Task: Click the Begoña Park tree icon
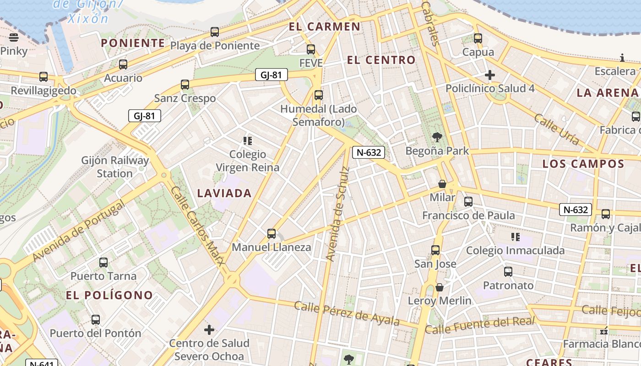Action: click(437, 137)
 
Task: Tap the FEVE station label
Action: click(311, 63)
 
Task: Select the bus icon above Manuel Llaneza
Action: click(272, 234)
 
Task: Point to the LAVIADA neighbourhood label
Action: click(224, 193)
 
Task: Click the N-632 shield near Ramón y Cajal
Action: click(575, 210)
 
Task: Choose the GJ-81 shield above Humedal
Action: click(271, 75)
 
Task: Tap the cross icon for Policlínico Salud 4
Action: click(490, 75)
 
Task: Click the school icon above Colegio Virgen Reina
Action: click(248, 140)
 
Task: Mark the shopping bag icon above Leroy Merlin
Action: click(440, 287)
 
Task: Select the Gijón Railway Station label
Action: click(115, 167)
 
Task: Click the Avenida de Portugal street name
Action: click(78, 232)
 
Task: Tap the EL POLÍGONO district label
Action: click(109, 295)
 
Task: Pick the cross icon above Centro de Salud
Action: click(209, 329)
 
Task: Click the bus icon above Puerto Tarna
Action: click(103, 263)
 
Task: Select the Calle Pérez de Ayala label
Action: click(347, 313)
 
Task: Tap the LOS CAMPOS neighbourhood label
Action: click(583, 164)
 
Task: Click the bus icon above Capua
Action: click(478, 38)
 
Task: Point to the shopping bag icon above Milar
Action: click(442, 184)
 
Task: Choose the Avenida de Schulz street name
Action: click(338, 214)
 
